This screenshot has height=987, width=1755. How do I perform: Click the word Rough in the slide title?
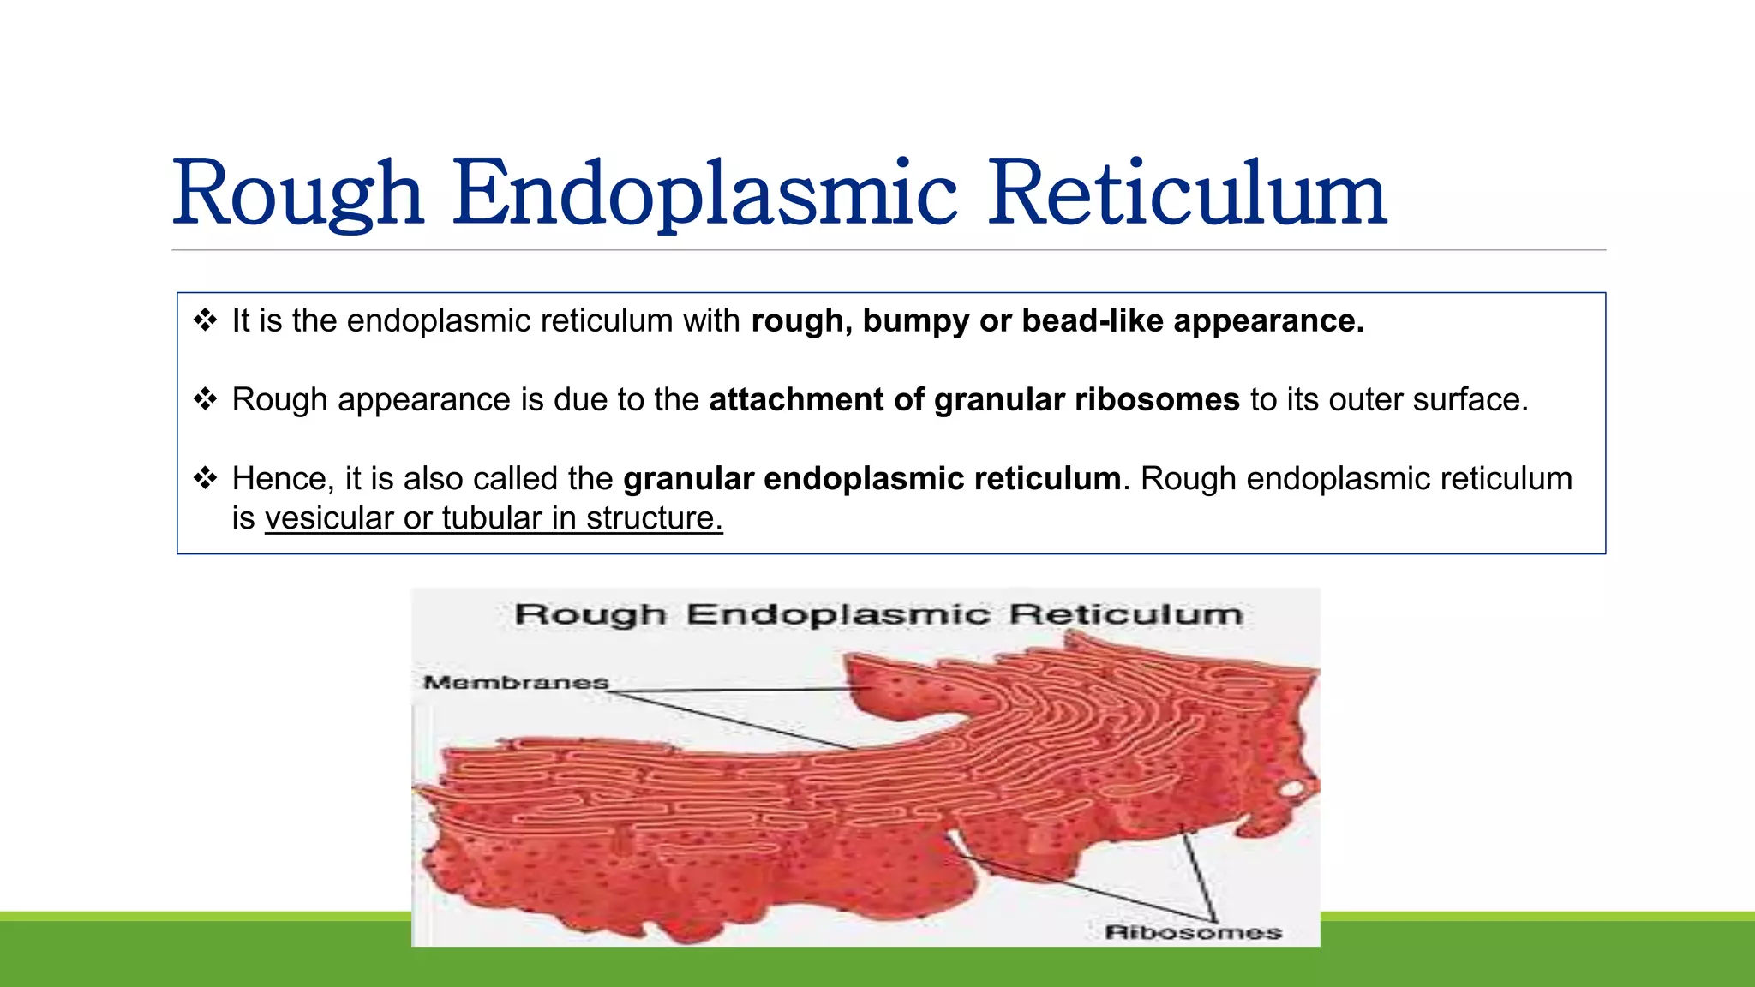click(x=297, y=194)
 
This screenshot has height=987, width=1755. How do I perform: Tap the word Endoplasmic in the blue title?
click(x=704, y=194)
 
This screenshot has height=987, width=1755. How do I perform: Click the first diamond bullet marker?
click(x=205, y=320)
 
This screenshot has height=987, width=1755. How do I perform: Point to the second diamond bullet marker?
click(x=205, y=399)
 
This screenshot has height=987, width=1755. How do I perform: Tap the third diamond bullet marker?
click(x=205, y=478)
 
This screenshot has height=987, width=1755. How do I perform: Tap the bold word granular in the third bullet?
click(x=688, y=479)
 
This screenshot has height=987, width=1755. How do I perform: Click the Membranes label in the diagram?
click(x=515, y=683)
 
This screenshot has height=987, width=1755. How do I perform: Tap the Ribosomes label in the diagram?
click(x=1192, y=932)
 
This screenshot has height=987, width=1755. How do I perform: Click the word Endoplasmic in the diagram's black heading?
click(x=837, y=614)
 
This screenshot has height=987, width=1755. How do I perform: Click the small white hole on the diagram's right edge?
click(x=1291, y=788)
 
